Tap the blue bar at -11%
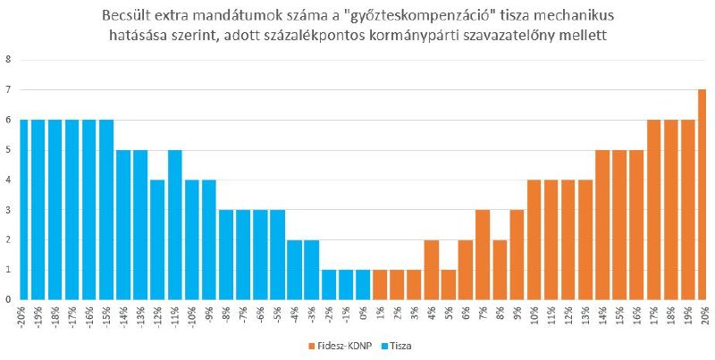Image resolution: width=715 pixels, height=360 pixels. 175,224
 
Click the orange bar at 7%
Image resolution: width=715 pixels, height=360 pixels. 483,255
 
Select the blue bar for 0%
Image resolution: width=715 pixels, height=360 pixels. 363,284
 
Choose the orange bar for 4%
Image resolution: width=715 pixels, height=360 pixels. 432,269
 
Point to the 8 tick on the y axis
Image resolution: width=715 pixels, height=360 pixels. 9,60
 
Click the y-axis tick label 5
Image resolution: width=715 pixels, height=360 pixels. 9,150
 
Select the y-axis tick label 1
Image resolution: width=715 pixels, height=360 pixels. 9,270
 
